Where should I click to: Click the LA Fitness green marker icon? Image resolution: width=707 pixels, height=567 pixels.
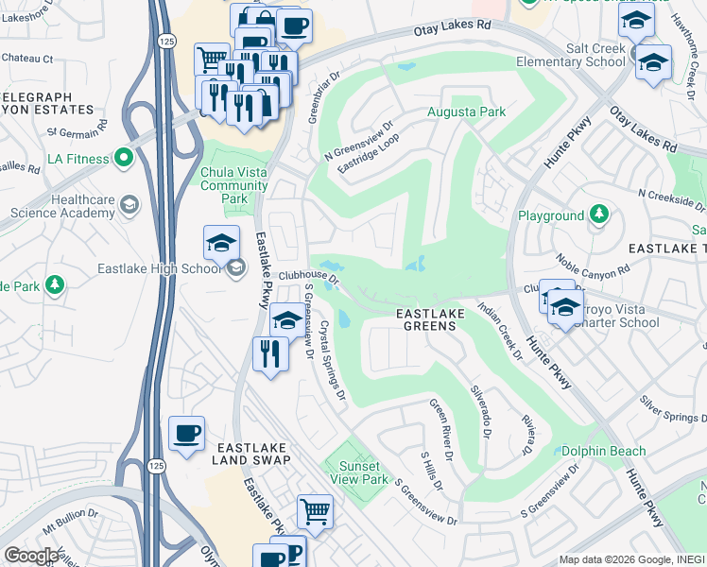click(x=122, y=158)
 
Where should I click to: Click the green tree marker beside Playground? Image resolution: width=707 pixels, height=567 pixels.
click(x=597, y=215)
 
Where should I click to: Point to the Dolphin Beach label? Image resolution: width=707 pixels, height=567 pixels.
click(x=603, y=452)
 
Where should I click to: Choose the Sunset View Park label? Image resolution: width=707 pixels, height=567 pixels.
click(x=359, y=472)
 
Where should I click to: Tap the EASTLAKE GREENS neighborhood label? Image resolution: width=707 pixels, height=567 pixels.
click(x=425, y=318)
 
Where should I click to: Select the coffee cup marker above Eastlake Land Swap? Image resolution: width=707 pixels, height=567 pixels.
click(x=186, y=434)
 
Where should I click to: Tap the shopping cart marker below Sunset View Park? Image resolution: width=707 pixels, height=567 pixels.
click(x=315, y=512)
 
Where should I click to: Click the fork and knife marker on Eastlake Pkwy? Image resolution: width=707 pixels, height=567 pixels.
click(x=270, y=353)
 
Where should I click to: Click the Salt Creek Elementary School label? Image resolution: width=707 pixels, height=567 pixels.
click(x=570, y=55)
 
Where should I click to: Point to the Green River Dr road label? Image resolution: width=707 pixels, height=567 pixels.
click(x=441, y=427)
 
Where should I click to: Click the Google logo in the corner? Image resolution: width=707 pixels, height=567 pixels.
click(x=31, y=556)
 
